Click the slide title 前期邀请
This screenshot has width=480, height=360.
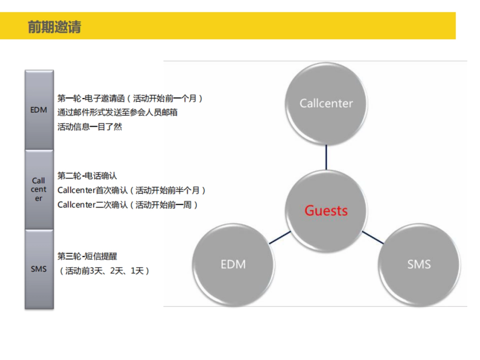[54, 27]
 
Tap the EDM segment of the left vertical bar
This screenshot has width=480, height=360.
[39, 110]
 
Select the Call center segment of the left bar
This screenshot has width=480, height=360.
[39, 190]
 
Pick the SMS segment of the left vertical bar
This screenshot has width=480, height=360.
[39, 269]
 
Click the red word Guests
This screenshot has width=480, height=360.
[326, 210]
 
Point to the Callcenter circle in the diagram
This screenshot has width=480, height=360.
[326, 103]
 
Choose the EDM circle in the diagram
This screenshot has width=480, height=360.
[233, 264]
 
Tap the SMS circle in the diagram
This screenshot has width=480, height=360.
[419, 264]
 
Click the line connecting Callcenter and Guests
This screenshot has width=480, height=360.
[326, 157]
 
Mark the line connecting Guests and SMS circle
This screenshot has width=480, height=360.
[372, 237]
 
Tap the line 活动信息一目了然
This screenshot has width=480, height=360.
[90, 127]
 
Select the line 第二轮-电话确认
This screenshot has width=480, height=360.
[87, 176]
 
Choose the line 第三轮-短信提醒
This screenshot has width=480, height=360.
[87, 256]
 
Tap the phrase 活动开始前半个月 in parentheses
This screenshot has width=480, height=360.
[168, 190]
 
